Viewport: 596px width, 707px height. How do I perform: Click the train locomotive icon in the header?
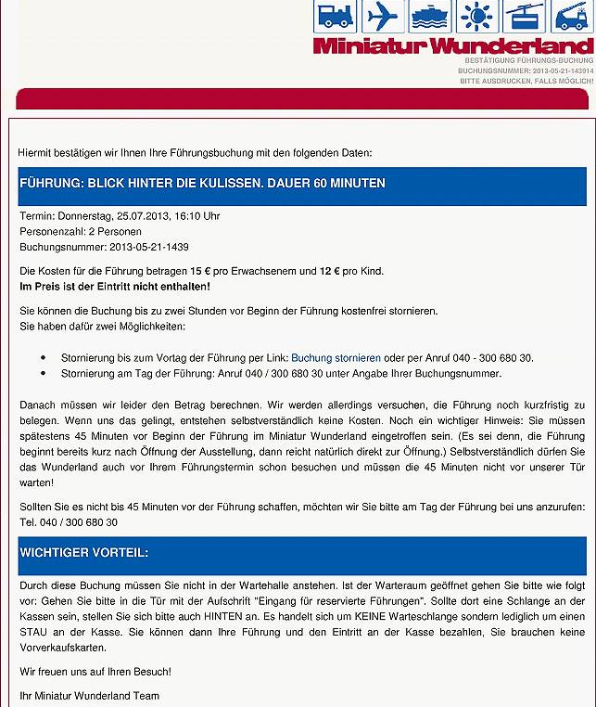click(x=335, y=17)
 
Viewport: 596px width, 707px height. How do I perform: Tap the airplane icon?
click(x=383, y=17)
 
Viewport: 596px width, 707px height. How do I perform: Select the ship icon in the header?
click(x=430, y=17)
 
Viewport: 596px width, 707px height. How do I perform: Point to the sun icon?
click(x=478, y=17)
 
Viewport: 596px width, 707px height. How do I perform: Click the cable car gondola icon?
click(x=526, y=17)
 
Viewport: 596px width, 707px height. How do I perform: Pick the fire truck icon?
click(x=573, y=17)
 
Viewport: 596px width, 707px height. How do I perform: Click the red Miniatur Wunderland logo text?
click(x=453, y=45)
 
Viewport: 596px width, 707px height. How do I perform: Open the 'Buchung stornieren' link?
click(x=336, y=357)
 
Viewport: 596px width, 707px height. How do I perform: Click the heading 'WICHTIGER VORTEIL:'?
click(x=84, y=553)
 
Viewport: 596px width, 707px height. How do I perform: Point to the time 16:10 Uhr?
click(x=199, y=216)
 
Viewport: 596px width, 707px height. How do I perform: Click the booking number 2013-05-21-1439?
click(x=148, y=248)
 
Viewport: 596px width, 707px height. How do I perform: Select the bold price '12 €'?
click(x=330, y=271)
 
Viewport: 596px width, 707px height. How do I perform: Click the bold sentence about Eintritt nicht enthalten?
click(x=115, y=287)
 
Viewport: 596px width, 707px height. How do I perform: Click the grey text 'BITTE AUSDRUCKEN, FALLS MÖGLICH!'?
click(x=526, y=82)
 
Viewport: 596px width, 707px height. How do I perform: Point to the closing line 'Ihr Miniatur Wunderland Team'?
click(x=90, y=696)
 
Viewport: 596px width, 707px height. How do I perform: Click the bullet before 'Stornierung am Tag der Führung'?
click(x=44, y=374)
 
